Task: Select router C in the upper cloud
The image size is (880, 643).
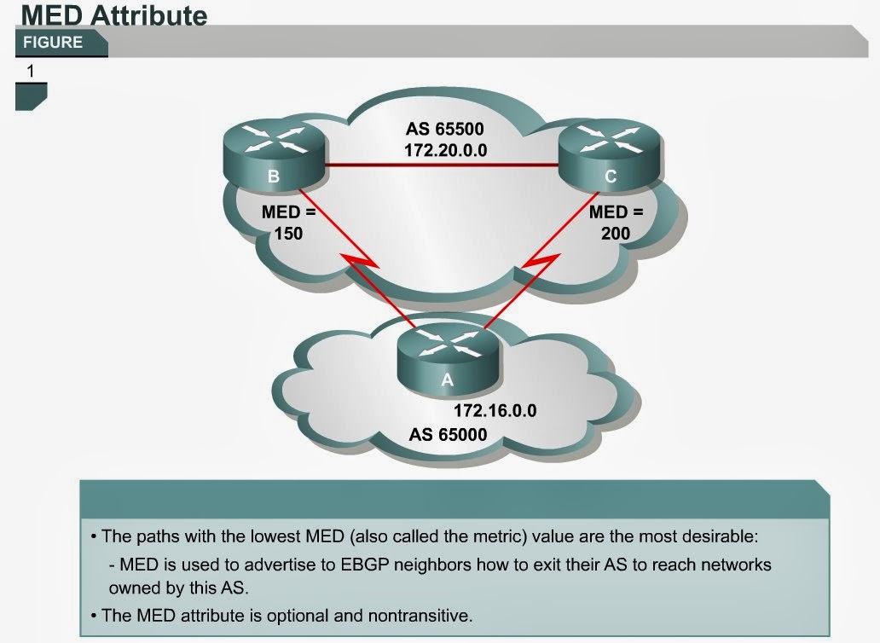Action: (610, 154)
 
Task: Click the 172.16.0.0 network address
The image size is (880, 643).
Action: (495, 410)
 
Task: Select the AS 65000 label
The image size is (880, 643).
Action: (448, 435)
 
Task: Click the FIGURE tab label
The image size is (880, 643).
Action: (53, 43)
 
